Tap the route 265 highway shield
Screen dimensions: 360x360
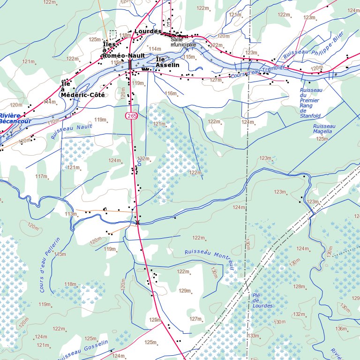tap(132, 115)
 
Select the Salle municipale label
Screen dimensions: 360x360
tap(183, 42)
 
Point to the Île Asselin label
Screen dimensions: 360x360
tap(167, 62)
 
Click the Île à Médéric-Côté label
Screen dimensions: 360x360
tap(82, 90)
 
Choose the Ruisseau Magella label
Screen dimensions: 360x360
tap(324, 129)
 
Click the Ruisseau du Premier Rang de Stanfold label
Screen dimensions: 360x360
tap(310, 103)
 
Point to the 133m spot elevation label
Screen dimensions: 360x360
tap(254, 336)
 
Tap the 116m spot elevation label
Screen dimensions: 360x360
tap(171, 93)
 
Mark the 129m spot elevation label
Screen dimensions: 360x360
tap(185, 291)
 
